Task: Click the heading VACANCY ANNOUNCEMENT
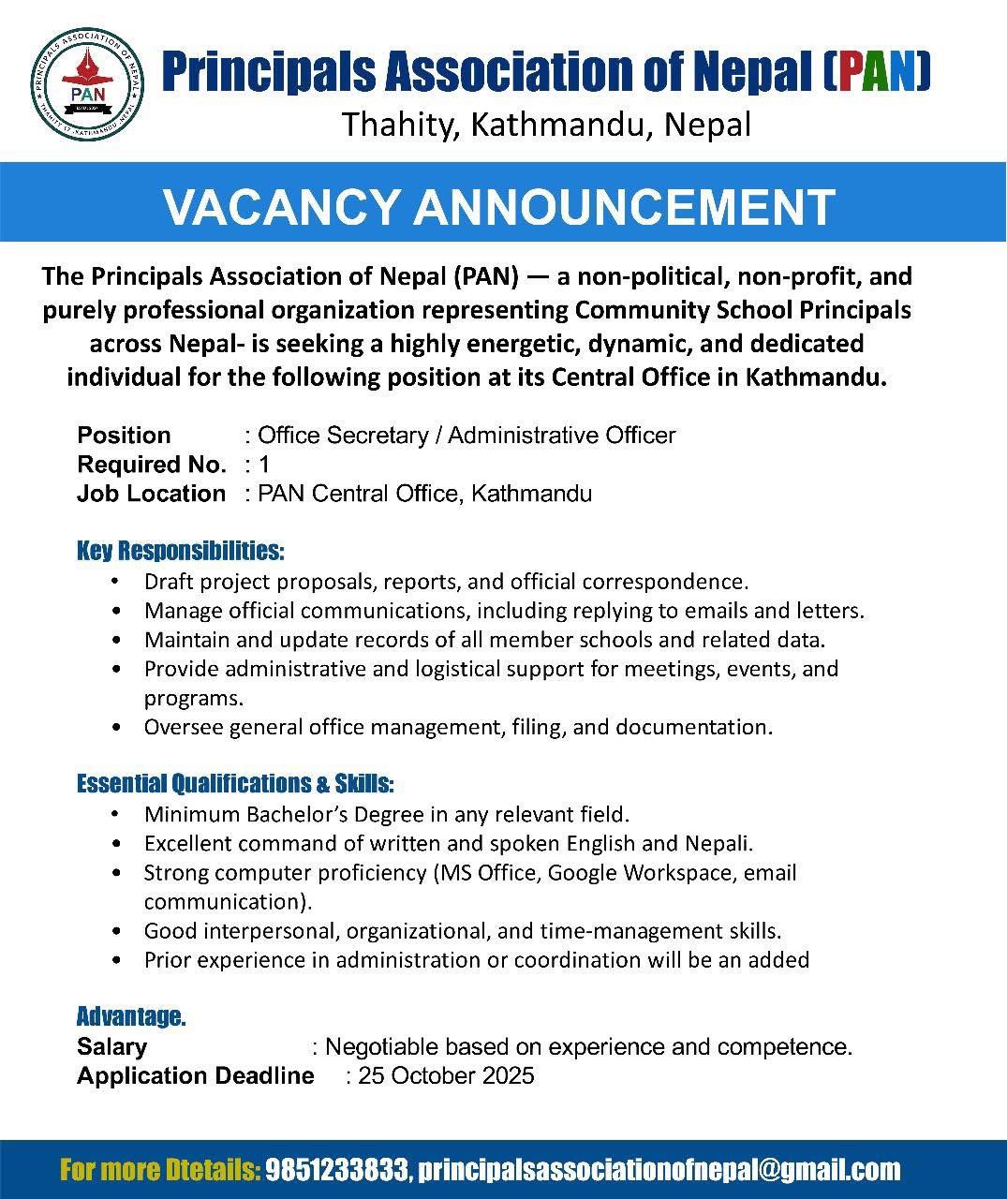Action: point(498,207)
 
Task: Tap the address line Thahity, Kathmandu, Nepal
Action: point(546,125)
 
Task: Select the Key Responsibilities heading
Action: point(180,550)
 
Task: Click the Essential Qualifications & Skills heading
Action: point(235,783)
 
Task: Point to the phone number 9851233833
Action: point(337,1170)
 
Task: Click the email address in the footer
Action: point(659,1170)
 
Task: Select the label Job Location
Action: point(151,494)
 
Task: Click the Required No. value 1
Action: point(264,465)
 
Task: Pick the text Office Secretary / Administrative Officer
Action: point(466,436)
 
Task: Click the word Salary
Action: point(111,1046)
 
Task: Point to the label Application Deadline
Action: point(195,1075)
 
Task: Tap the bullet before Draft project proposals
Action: point(115,582)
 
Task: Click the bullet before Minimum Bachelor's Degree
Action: point(115,814)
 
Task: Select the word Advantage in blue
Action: point(129,1016)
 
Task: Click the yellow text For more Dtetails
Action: point(159,1170)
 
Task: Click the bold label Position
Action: point(124,436)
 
